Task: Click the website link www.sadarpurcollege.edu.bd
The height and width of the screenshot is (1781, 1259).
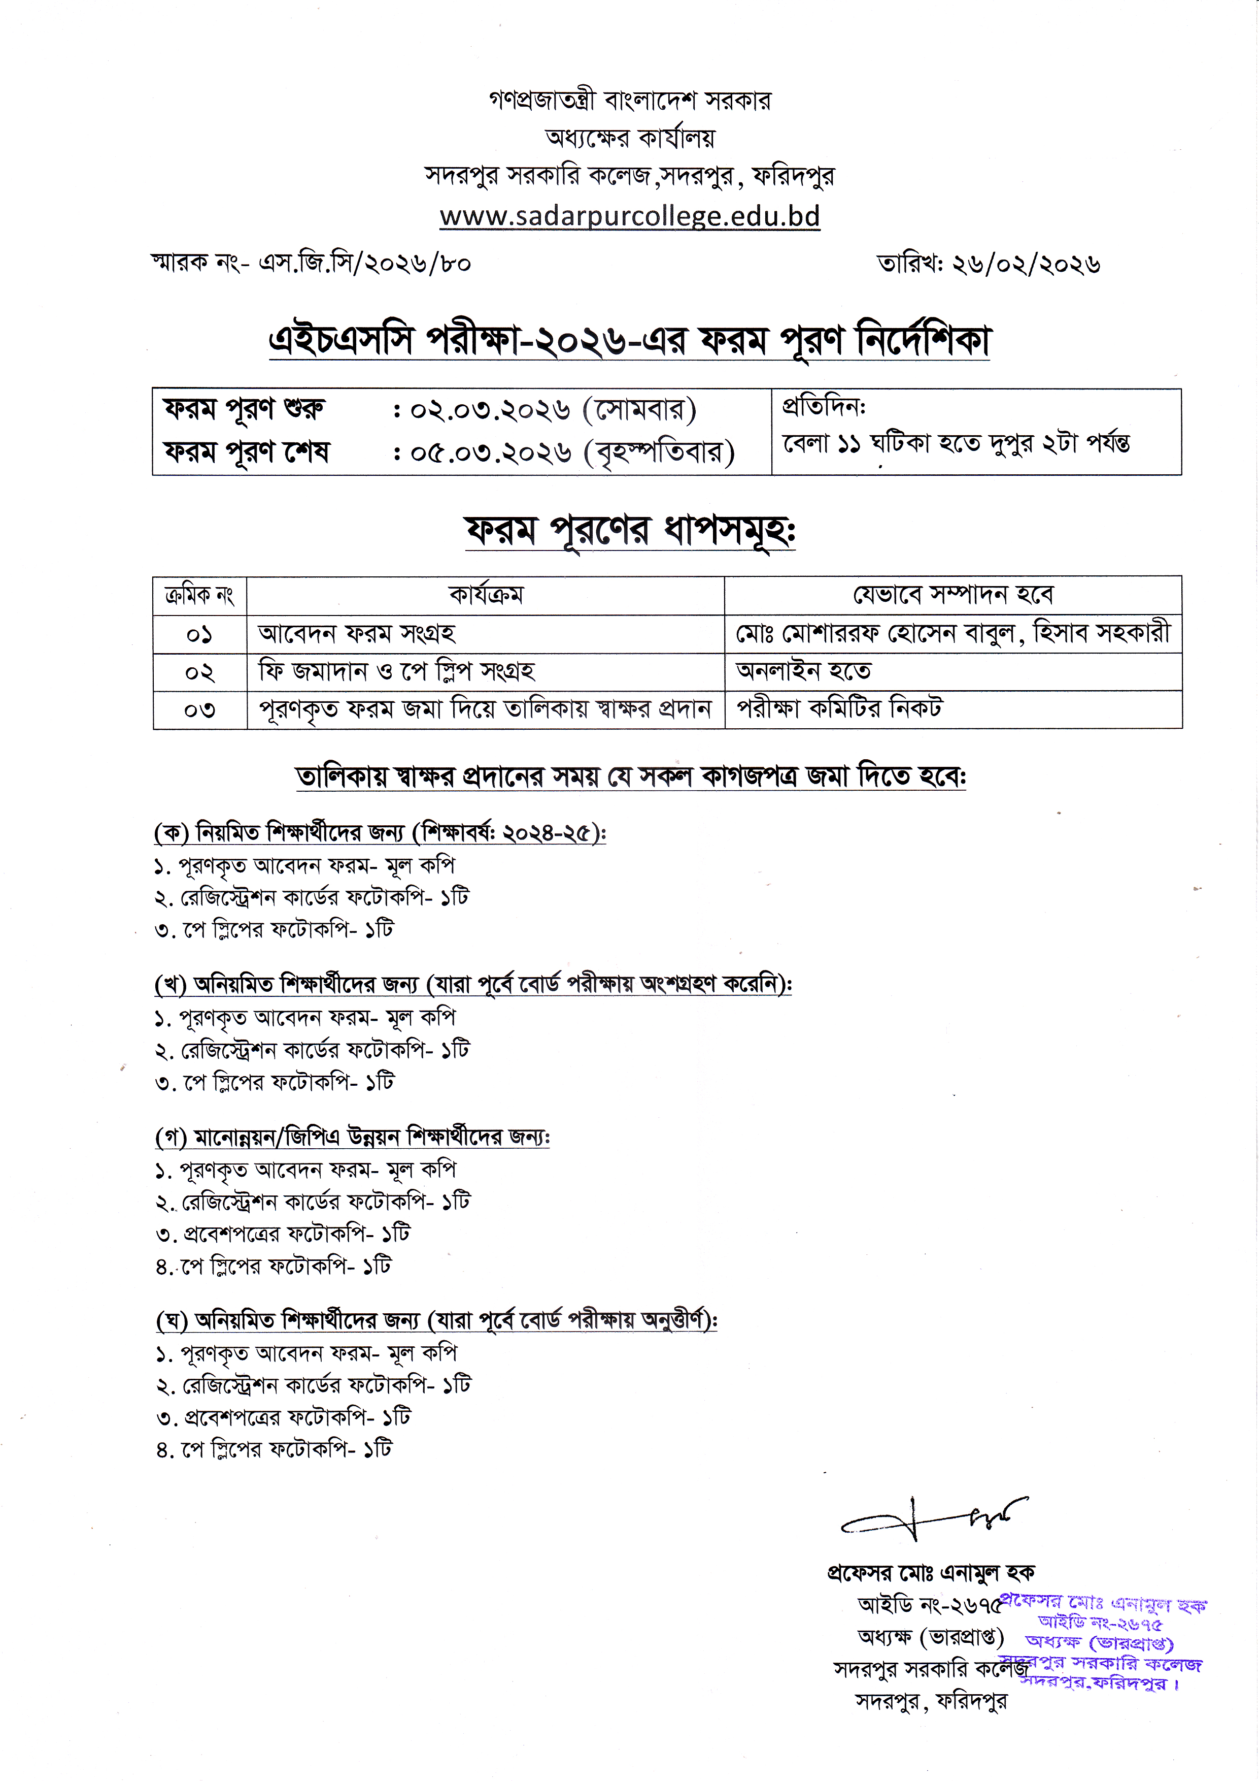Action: click(x=629, y=216)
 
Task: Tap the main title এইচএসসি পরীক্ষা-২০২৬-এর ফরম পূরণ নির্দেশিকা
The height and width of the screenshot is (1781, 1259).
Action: click(x=629, y=341)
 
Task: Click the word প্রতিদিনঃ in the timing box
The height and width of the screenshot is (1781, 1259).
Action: click(x=823, y=406)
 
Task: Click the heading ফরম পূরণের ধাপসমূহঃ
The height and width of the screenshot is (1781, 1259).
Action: click(x=629, y=532)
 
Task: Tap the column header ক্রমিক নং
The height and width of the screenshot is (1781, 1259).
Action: click(x=199, y=596)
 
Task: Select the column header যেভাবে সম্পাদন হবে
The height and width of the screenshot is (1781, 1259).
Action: click(x=953, y=595)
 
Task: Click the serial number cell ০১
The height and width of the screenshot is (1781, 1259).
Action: click(x=199, y=634)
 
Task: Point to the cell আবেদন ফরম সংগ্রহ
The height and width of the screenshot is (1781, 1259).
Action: click(x=357, y=634)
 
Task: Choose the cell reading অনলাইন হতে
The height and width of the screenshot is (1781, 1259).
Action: click(x=803, y=671)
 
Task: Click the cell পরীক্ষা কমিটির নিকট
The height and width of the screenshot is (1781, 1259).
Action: click(x=839, y=708)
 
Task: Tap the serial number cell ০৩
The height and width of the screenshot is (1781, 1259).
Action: click(x=199, y=709)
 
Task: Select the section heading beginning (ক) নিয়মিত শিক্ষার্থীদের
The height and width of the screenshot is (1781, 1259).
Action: click(x=380, y=833)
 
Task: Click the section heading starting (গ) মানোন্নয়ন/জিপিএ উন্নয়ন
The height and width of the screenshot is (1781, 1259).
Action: click(x=353, y=1137)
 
